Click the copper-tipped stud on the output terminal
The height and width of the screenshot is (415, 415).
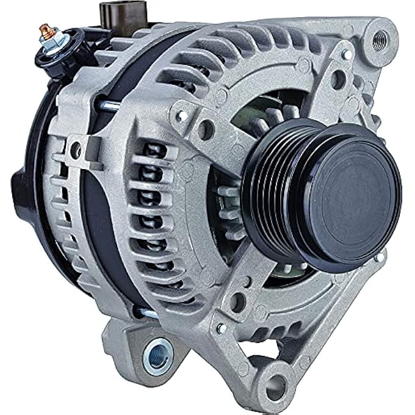(43, 28)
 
